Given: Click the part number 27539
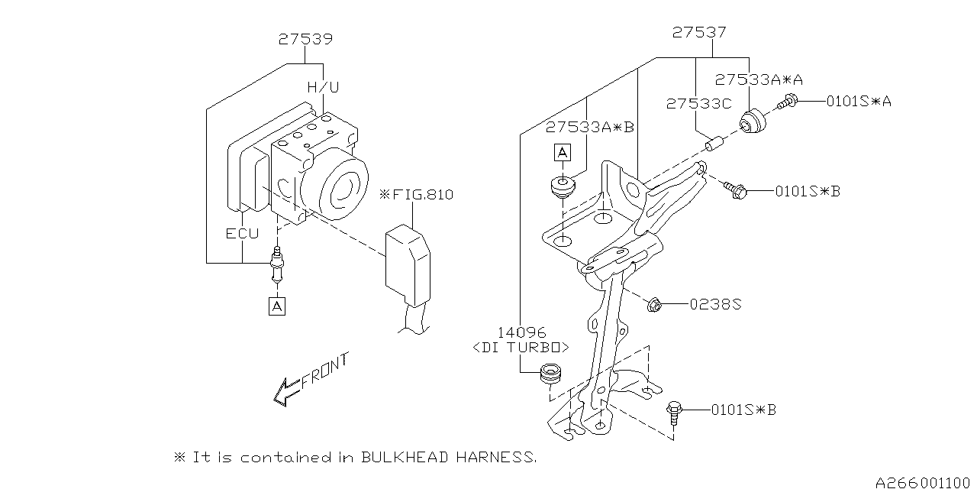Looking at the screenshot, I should pyautogui.click(x=305, y=39).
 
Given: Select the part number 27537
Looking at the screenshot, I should pyautogui.click(x=699, y=33).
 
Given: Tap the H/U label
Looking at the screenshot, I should pyautogui.click(x=323, y=87).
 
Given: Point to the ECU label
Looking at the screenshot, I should pyautogui.click(x=241, y=233).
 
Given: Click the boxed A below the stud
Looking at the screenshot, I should pyautogui.click(x=276, y=306).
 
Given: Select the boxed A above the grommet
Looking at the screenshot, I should pyautogui.click(x=563, y=154).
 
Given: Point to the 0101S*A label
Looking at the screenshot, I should pyautogui.click(x=858, y=100).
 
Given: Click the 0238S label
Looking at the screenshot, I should pyautogui.click(x=715, y=304).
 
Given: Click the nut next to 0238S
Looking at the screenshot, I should pyautogui.click(x=656, y=305).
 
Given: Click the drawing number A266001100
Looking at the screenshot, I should pyautogui.click(x=924, y=481).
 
